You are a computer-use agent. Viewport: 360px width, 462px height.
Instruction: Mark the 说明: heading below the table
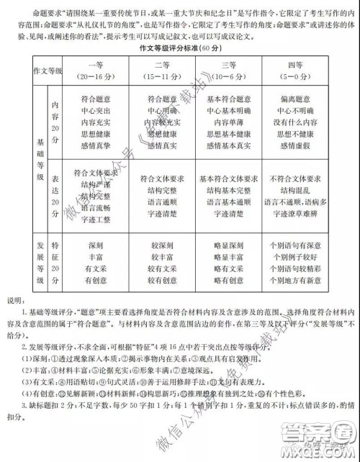click(14, 299)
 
